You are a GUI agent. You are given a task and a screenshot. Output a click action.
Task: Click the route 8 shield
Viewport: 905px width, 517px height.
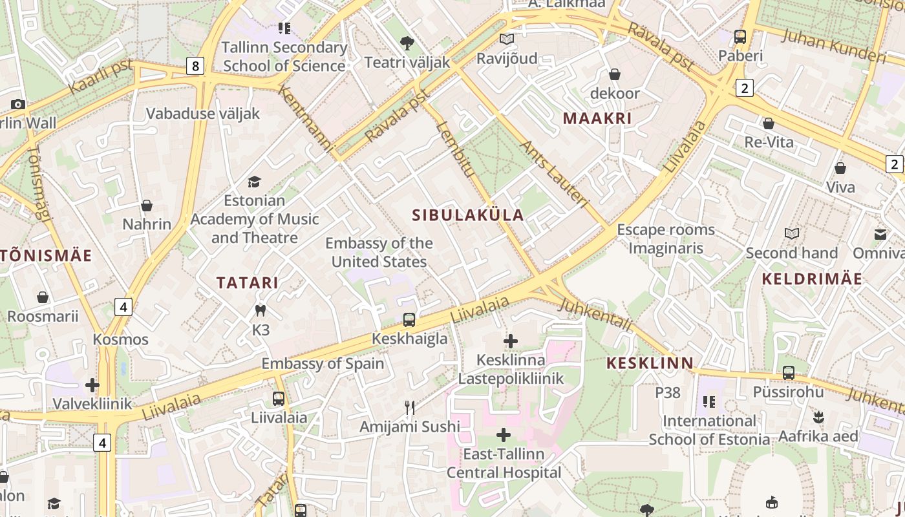(x=195, y=65)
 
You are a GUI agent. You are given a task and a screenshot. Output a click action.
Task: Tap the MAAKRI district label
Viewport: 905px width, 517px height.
(x=597, y=118)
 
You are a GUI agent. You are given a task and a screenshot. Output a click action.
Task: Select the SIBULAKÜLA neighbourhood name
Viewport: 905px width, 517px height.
(x=468, y=215)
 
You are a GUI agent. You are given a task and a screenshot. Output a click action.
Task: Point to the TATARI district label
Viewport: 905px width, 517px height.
(x=248, y=282)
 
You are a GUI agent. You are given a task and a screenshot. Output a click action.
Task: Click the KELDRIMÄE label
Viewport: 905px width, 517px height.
(x=812, y=279)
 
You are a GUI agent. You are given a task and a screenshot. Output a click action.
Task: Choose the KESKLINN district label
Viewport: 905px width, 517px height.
(x=650, y=363)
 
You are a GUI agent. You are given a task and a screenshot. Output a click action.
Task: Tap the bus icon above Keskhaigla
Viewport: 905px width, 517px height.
(x=409, y=319)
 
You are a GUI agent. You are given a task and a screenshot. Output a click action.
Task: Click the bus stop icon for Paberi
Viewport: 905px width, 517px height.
(x=740, y=37)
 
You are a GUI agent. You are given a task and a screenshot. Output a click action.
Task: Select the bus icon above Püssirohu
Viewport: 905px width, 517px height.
(x=788, y=372)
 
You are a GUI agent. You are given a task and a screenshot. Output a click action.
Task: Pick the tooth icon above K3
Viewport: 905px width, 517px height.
(x=261, y=311)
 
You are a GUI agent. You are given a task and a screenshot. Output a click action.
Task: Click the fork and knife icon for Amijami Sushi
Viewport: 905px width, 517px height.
(x=409, y=407)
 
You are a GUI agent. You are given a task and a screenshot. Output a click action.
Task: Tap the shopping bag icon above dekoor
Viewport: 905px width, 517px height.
(x=615, y=74)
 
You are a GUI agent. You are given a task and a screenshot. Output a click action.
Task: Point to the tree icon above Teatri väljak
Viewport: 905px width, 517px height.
(x=407, y=43)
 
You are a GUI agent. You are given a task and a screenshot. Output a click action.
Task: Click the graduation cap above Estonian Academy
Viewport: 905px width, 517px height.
(x=254, y=182)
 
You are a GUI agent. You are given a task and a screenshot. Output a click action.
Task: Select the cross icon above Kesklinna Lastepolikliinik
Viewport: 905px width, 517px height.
(x=511, y=341)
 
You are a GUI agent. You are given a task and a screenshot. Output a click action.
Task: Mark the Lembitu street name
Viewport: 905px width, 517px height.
(x=455, y=149)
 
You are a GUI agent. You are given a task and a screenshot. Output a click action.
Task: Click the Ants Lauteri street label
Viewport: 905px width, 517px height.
(x=554, y=174)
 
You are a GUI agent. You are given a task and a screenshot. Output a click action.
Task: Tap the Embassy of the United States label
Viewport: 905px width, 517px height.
(x=379, y=252)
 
